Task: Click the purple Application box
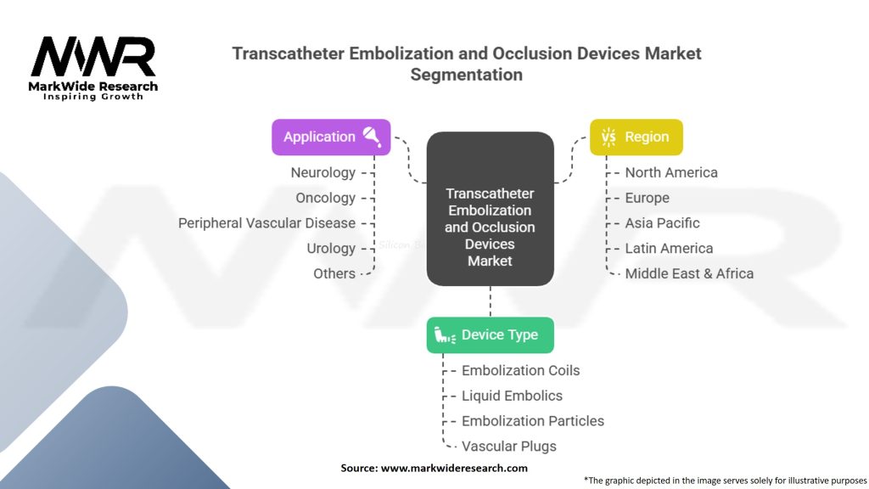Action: [331, 137]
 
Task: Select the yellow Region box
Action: [636, 137]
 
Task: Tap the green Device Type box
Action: [490, 335]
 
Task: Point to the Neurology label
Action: [322, 172]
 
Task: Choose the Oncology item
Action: [325, 198]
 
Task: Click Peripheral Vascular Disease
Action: [266, 223]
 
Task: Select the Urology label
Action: [331, 249]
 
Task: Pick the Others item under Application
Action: [334, 273]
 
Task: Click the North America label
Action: [671, 172]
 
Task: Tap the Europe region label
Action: [647, 198]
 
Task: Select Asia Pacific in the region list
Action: [662, 223]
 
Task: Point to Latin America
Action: [669, 249]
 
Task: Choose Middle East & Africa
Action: [689, 273]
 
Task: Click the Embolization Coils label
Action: [520, 370]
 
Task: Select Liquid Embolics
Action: [512, 396]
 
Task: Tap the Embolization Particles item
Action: [533, 421]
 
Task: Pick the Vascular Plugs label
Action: [508, 446]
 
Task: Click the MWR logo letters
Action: [93, 58]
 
